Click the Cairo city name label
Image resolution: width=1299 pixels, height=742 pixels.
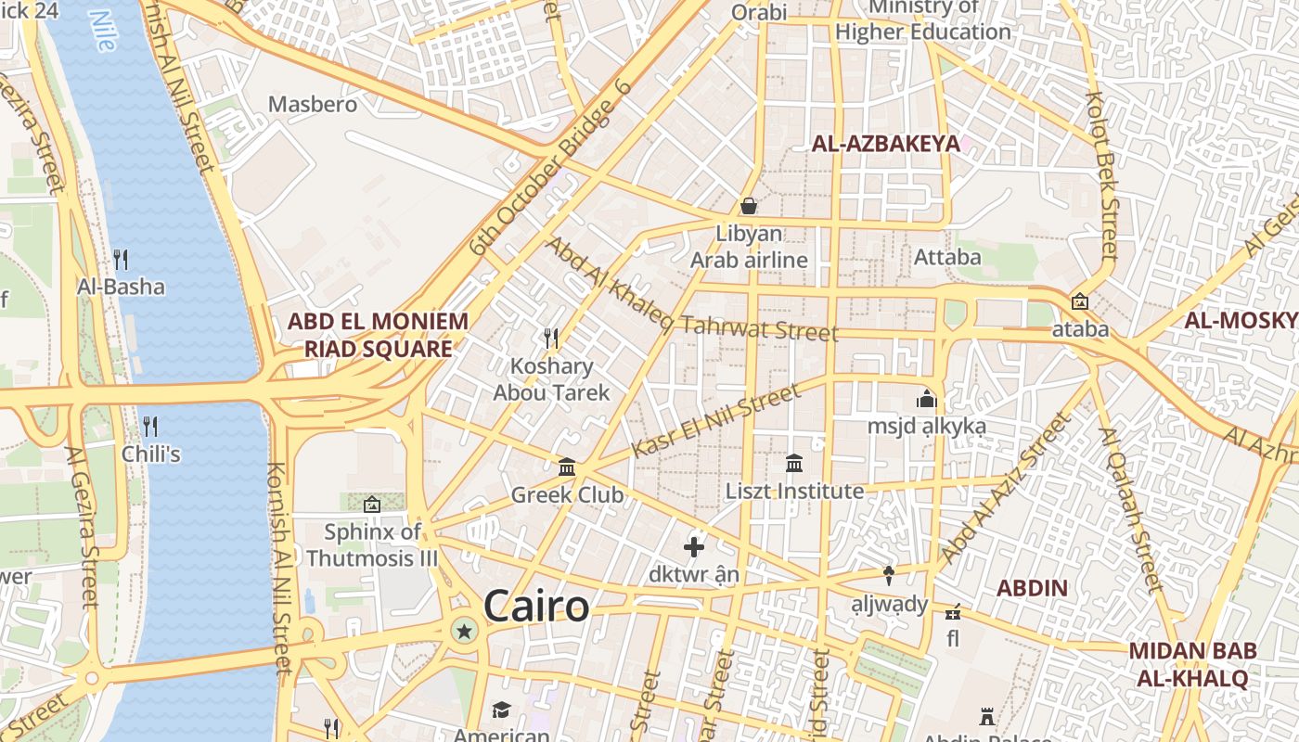(536, 607)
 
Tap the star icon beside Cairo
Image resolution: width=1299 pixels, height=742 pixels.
(464, 632)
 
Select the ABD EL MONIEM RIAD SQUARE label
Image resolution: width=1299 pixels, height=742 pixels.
(378, 335)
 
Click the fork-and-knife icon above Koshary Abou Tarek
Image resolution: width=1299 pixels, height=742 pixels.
(551, 338)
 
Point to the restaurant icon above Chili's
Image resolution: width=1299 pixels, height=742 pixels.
(149, 426)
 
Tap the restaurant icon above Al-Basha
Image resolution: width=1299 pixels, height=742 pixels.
(121, 259)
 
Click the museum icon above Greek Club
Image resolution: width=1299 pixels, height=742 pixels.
(567, 467)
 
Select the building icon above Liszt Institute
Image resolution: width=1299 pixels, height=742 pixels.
(794, 463)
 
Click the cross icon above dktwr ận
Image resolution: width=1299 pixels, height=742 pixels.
(693, 546)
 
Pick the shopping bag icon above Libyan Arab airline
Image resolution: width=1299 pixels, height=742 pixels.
(749, 205)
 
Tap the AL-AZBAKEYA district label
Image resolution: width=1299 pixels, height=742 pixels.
(885, 144)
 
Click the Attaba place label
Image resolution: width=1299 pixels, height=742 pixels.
(947, 257)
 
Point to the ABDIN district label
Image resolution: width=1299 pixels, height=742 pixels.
(1032, 588)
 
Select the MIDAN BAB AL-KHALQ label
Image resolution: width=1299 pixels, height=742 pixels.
(1192, 664)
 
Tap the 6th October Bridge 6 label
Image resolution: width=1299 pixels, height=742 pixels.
(549, 169)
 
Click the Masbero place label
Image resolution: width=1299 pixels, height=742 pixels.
(313, 104)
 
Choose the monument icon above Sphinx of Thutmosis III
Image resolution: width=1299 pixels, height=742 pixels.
(372, 505)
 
